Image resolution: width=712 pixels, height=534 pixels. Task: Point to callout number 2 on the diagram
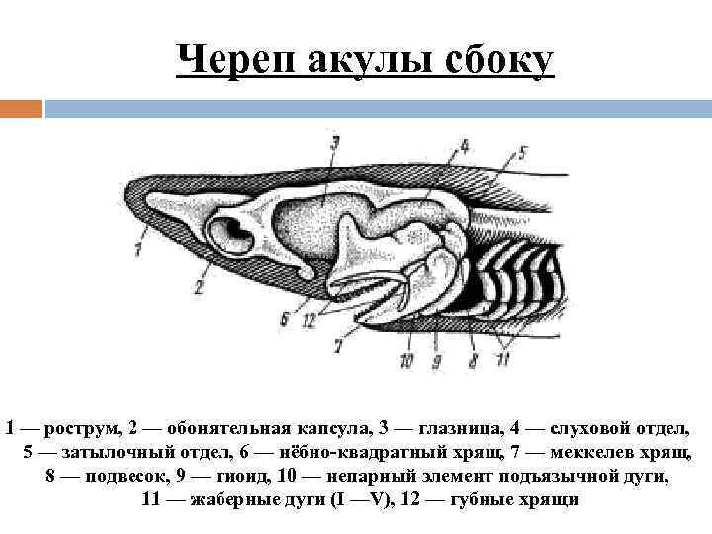pyautogui.click(x=199, y=288)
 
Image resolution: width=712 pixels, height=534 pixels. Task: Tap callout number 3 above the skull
pyautogui.click(x=335, y=144)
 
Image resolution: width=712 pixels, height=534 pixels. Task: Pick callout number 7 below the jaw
pyautogui.click(x=338, y=346)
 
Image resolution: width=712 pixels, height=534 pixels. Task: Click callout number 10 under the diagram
pyautogui.click(x=407, y=361)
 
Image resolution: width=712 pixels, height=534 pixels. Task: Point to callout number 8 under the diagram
pyautogui.click(x=473, y=361)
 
